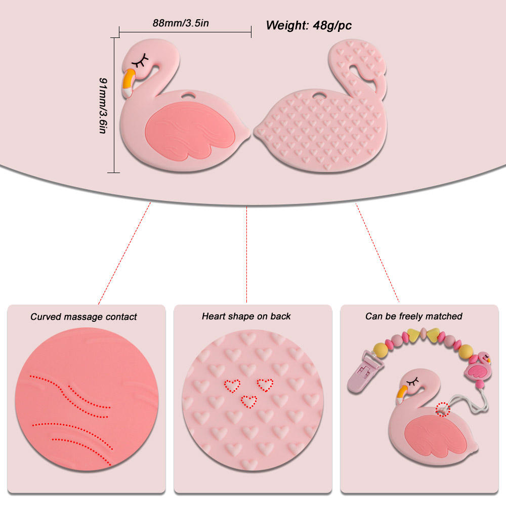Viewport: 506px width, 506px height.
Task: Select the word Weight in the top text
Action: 284,25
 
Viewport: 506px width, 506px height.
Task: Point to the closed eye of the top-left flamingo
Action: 141,62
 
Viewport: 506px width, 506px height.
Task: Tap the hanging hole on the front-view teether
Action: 189,95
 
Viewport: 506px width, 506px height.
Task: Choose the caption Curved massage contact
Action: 83,317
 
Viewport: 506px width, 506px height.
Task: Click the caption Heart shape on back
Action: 246,316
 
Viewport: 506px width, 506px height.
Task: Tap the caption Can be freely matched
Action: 414,316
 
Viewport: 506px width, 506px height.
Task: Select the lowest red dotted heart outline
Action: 248,401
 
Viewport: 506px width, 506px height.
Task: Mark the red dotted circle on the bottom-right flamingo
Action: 443,409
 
